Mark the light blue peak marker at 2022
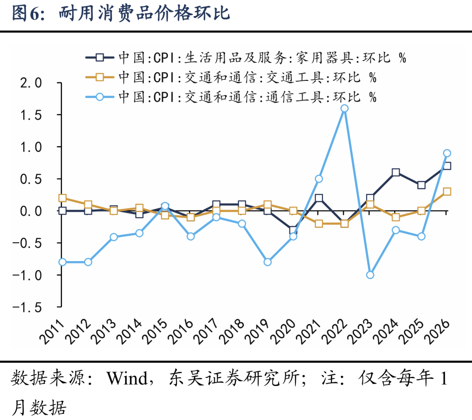344,108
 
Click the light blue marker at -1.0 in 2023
370,275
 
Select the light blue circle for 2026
447,153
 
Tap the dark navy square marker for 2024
396,172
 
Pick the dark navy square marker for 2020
293,230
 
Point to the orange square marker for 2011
62,198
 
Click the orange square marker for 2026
447,192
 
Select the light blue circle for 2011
62,262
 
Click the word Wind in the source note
127,378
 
